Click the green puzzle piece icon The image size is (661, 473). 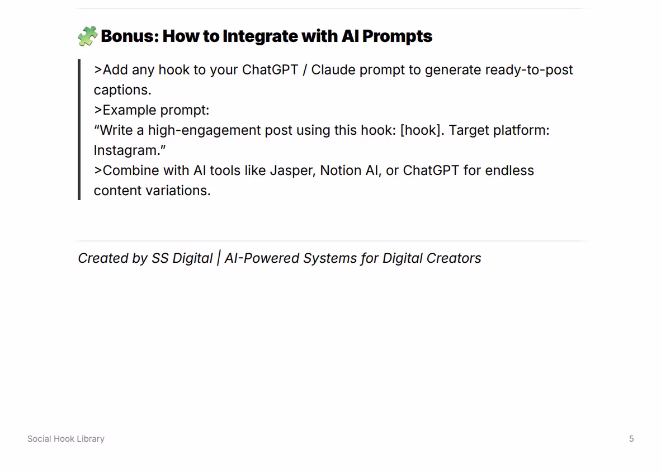click(88, 36)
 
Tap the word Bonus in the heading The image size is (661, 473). click(130, 36)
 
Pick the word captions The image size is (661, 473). click(122, 90)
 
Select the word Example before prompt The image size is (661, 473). click(129, 111)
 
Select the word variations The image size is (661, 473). click(178, 191)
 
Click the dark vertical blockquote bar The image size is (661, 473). click(79, 129)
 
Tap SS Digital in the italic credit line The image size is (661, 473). click(182, 258)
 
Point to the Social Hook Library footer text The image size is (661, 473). click(66, 439)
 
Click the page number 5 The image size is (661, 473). click(631, 439)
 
